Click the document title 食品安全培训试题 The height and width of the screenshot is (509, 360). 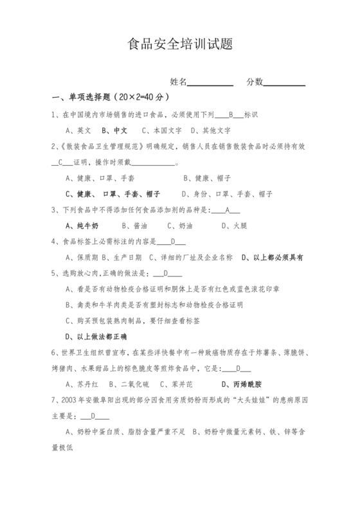coord(179,45)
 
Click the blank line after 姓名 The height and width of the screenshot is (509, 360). coord(210,82)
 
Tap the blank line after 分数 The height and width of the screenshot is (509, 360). coord(284,82)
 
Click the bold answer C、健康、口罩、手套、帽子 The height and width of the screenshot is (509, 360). coord(113,193)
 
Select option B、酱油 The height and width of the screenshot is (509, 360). coord(134,226)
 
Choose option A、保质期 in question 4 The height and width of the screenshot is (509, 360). coord(82,257)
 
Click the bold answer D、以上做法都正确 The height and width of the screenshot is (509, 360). coord(96,336)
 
